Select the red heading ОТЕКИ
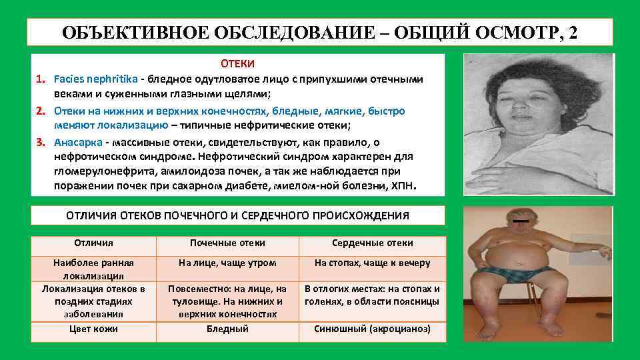click(x=237, y=64)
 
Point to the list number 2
click(x=41, y=111)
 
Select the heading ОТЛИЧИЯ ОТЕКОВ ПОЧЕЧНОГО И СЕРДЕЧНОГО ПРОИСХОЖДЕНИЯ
click(x=237, y=215)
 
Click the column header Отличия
click(x=93, y=243)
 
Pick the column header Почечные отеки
click(x=227, y=243)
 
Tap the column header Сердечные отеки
click(x=372, y=243)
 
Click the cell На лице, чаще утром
click(x=227, y=263)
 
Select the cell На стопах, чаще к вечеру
click(x=372, y=263)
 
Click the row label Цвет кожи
click(x=93, y=329)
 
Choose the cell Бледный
click(x=227, y=329)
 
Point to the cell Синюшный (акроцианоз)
click(x=372, y=329)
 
